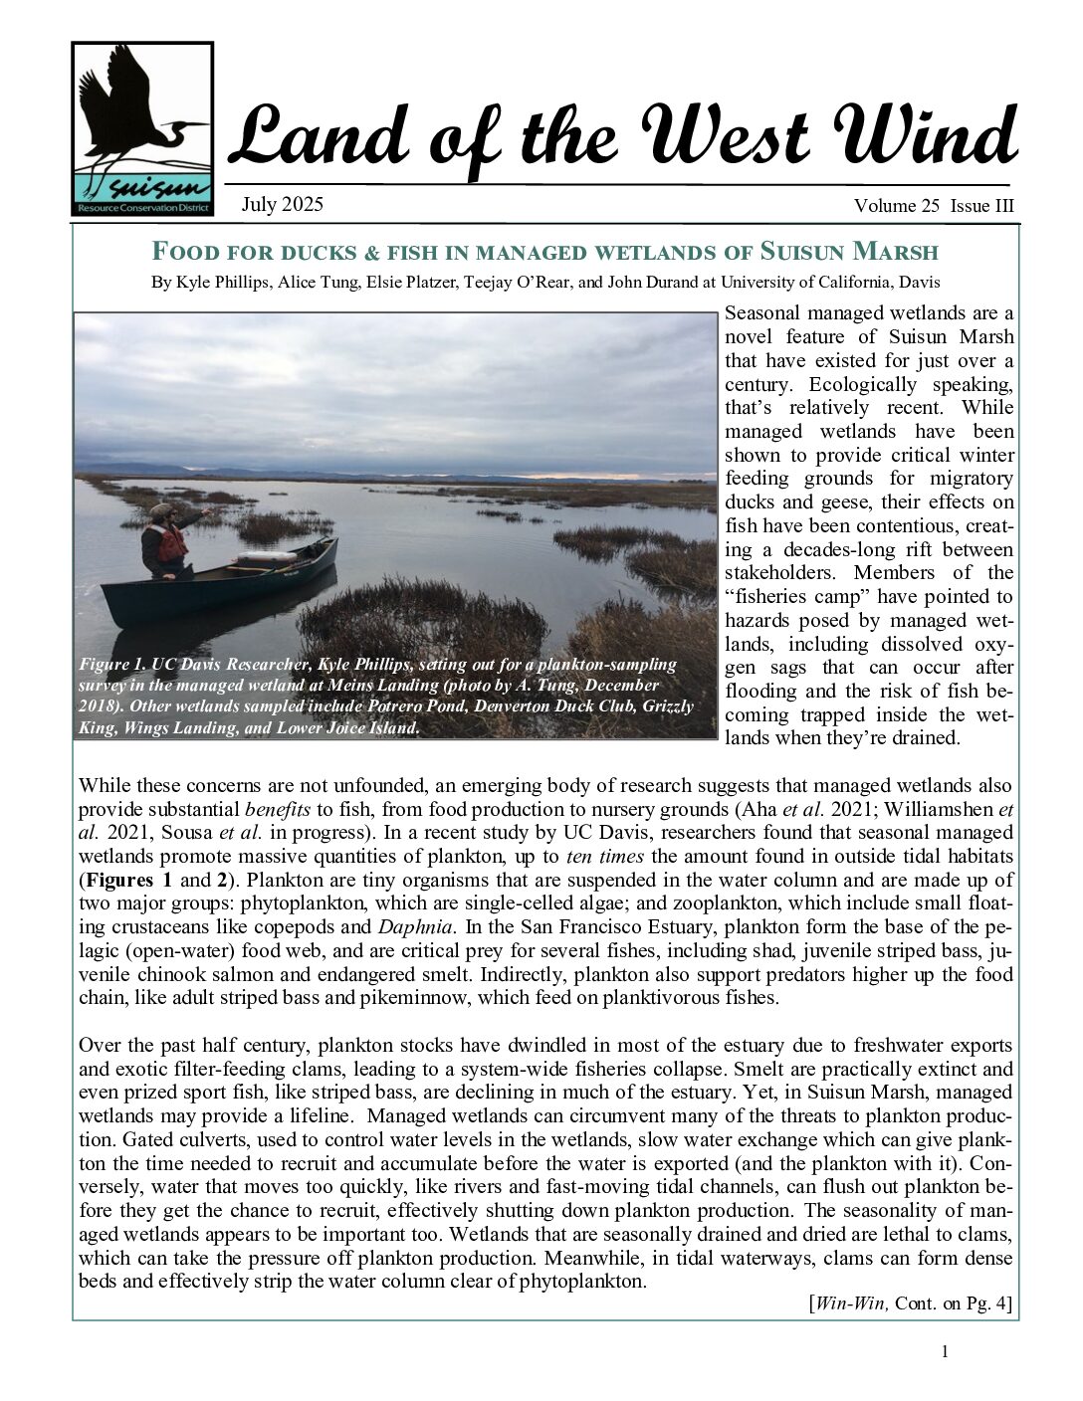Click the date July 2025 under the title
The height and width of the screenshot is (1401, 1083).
tap(282, 205)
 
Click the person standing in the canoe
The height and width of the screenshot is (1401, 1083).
tap(166, 541)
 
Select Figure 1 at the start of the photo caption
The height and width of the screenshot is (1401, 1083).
tap(110, 665)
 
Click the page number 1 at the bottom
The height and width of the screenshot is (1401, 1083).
tap(945, 1351)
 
